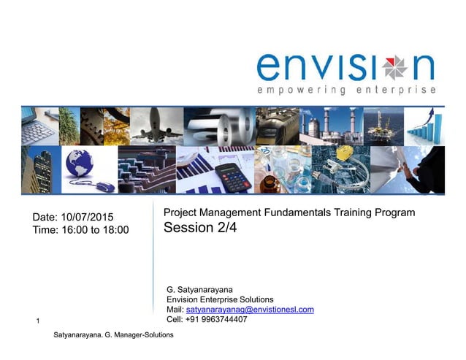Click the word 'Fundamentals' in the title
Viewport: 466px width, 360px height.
coord(302,212)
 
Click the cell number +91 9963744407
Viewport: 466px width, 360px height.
coord(217,319)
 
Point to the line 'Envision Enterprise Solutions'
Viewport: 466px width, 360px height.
coord(220,300)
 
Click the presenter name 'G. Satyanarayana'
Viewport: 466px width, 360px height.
coord(199,290)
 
